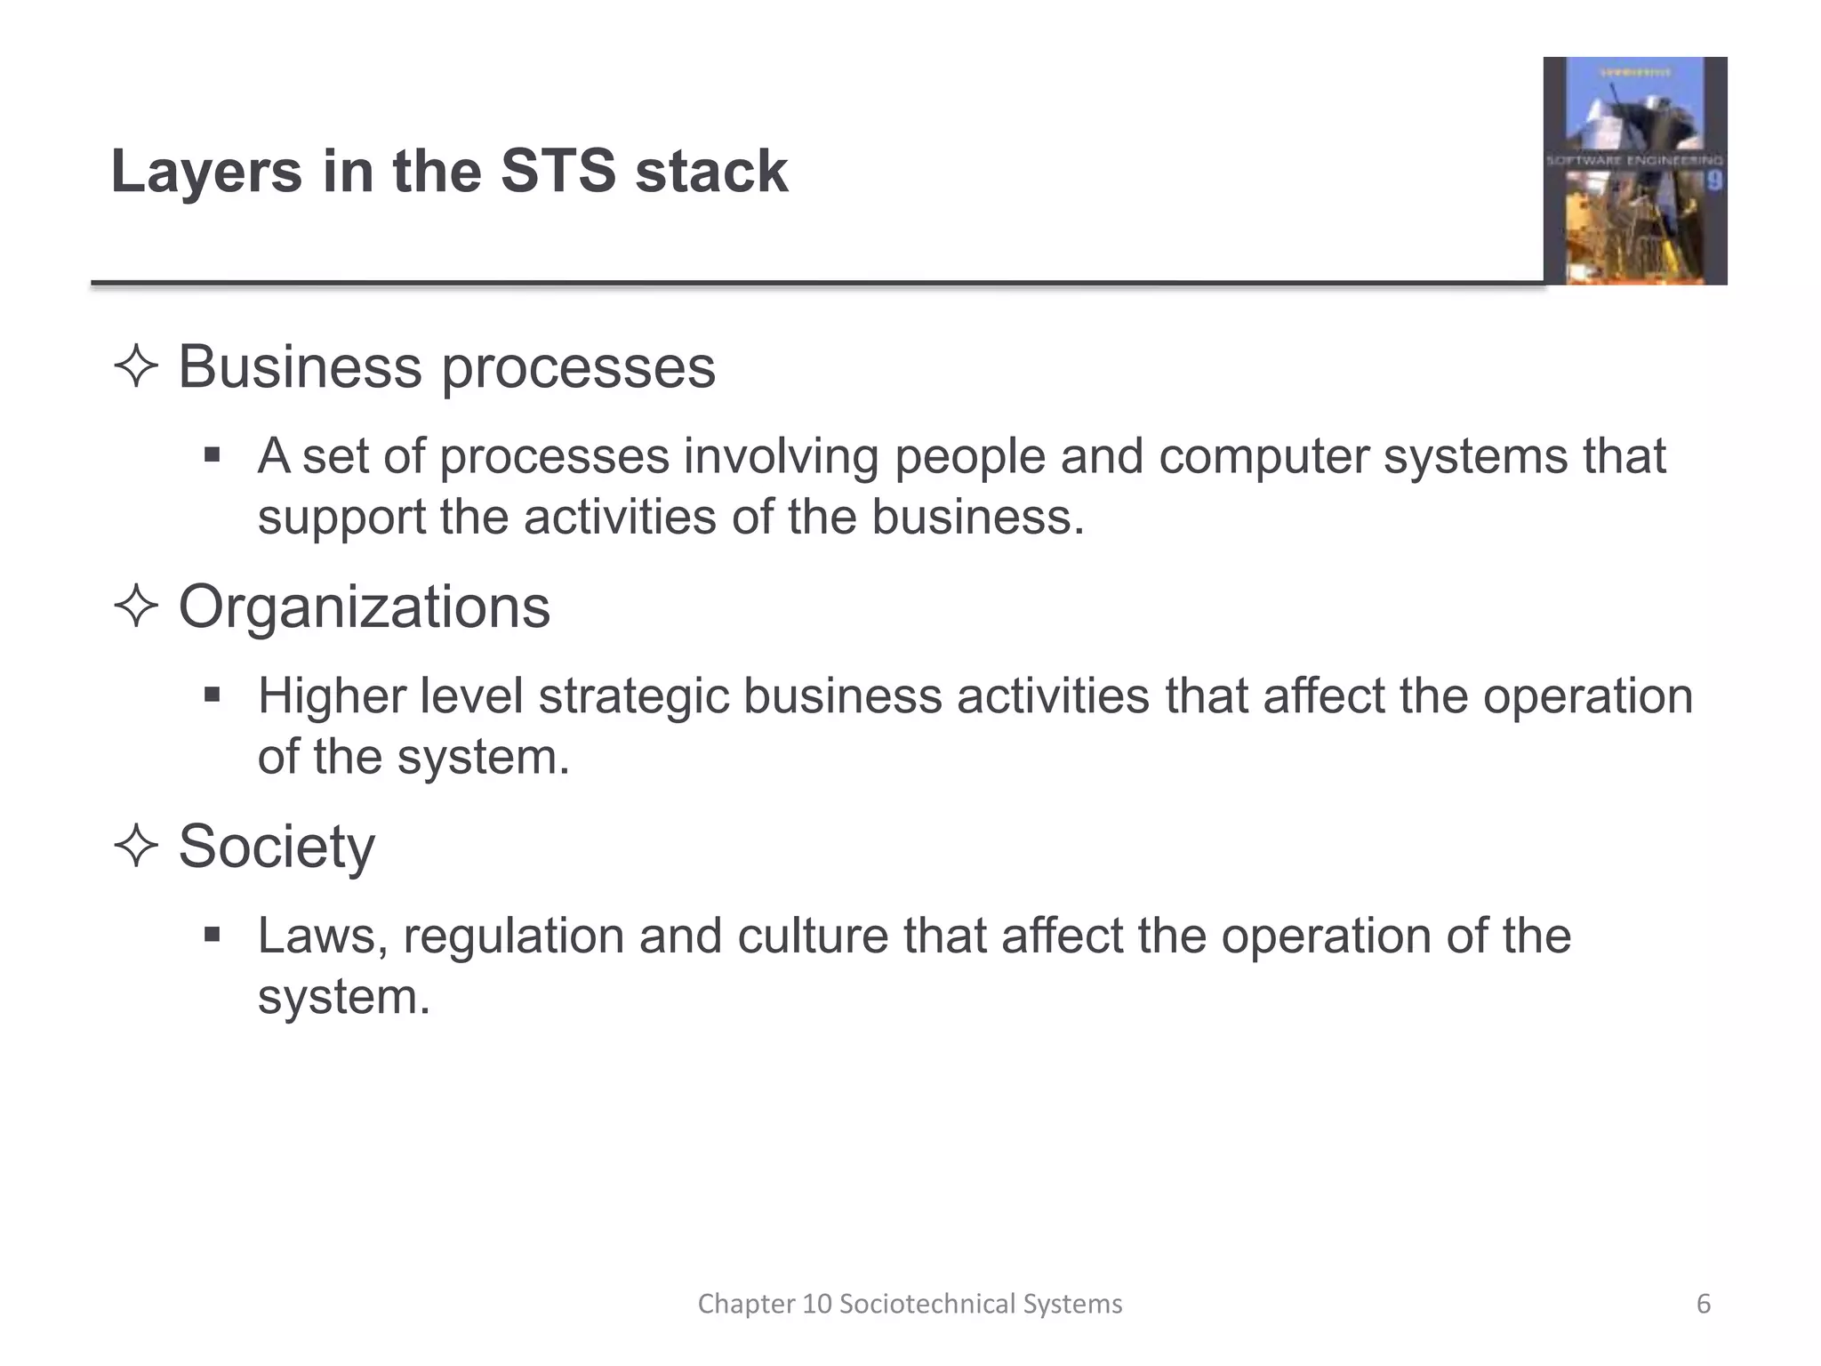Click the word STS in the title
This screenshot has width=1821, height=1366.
point(558,171)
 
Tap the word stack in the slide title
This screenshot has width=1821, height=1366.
point(711,171)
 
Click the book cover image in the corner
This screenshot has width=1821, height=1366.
point(1634,171)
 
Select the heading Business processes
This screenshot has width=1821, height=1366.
point(446,366)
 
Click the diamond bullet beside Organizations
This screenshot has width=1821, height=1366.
point(136,607)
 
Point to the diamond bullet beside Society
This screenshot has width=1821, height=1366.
point(136,846)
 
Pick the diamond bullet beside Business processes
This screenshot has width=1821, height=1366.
point(136,366)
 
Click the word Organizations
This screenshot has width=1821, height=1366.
point(365,607)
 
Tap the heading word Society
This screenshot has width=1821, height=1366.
point(277,846)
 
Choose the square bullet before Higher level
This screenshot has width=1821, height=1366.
point(212,695)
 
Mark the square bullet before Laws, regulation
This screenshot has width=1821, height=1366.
point(212,935)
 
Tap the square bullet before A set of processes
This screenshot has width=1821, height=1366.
point(212,455)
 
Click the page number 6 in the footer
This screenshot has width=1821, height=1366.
point(1704,1304)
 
